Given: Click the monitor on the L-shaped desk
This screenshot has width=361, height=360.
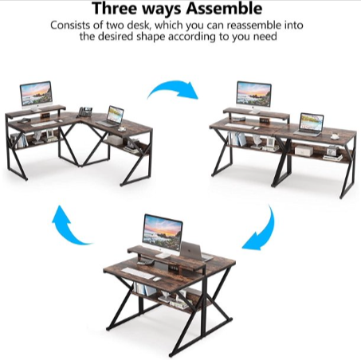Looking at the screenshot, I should click(x=36, y=94).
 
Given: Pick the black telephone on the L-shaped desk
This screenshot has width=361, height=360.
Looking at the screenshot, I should click(x=85, y=112).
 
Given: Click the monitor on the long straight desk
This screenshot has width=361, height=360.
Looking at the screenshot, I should click(x=253, y=96).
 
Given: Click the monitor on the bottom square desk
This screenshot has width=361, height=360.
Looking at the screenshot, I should click(x=162, y=230).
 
